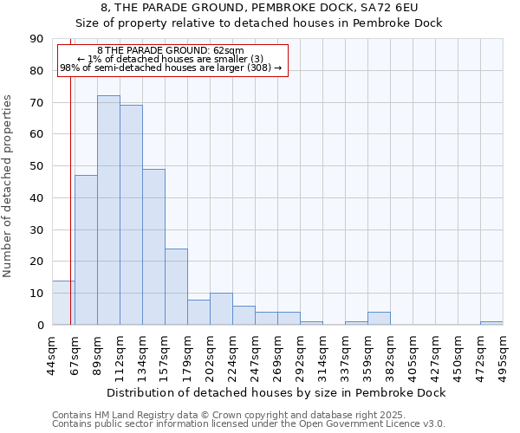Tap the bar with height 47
pyautogui.click(x=86, y=250)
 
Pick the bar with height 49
pyautogui.click(x=153, y=247)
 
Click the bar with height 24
pyautogui.click(x=176, y=287)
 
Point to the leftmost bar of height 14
pyautogui.click(x=63, y=303)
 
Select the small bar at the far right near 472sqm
pyautogui.click(x=491, y=323)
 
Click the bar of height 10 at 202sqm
pyautogui.click(x=221, y=309)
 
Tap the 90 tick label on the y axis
pyautogui.click(x=36, y=39)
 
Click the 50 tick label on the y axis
pyautogui.click(x=36, y=166)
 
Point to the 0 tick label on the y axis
pyautogui.click(x=40, y=326)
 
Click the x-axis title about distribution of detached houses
pyautogui.click(x=277, y=393)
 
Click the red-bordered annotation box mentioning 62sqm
pyautogui.click(x=172, y=59)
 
